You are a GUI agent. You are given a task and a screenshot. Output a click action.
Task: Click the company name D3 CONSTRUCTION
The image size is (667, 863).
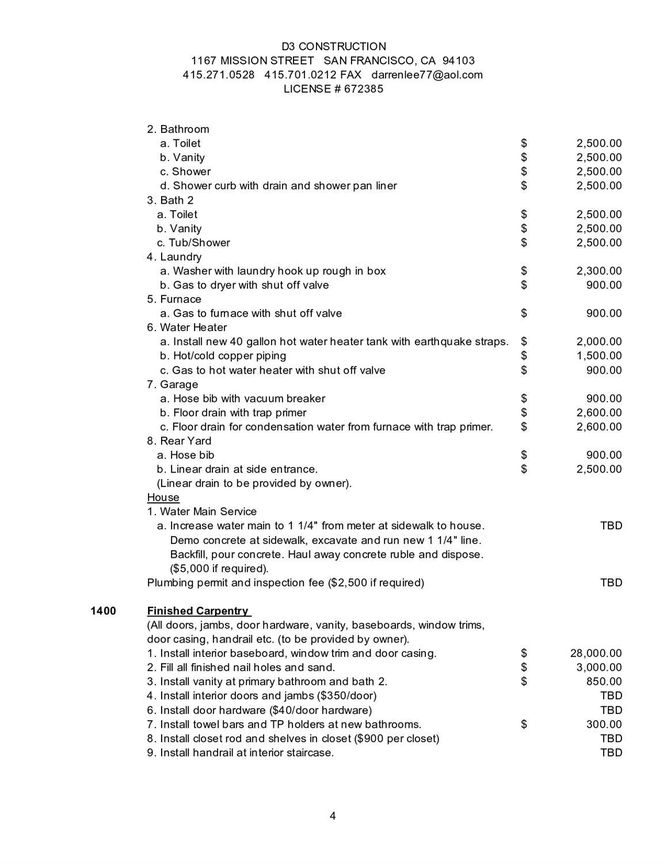334,46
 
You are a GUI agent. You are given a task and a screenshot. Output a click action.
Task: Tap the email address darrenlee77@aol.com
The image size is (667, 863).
427,75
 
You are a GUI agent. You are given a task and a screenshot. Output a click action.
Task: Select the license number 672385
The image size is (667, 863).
364,89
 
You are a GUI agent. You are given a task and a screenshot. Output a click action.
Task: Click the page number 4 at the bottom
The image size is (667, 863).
333,815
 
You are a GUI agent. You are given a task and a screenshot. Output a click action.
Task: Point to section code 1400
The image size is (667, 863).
103,611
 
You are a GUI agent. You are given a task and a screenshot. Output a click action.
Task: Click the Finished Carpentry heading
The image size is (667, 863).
198,611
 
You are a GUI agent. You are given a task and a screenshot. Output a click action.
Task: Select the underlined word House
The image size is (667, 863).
163,497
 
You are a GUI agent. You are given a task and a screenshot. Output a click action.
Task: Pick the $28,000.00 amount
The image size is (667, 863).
596,653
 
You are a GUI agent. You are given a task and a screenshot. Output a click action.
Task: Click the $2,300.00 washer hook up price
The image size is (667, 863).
599,271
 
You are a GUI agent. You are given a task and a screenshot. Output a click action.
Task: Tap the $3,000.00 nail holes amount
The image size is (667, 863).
599,668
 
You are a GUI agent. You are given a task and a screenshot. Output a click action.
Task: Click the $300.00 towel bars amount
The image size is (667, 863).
604,724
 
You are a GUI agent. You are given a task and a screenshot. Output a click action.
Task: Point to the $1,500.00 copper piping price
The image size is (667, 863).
599,356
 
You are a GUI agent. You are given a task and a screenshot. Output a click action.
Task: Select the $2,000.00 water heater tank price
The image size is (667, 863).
599,342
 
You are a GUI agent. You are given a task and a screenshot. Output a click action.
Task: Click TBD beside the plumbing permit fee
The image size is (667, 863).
611,583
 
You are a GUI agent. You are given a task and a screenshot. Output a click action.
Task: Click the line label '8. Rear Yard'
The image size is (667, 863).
180,441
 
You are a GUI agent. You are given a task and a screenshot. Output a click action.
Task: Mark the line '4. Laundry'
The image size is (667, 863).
174,257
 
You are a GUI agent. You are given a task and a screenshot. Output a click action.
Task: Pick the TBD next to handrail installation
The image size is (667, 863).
611,752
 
